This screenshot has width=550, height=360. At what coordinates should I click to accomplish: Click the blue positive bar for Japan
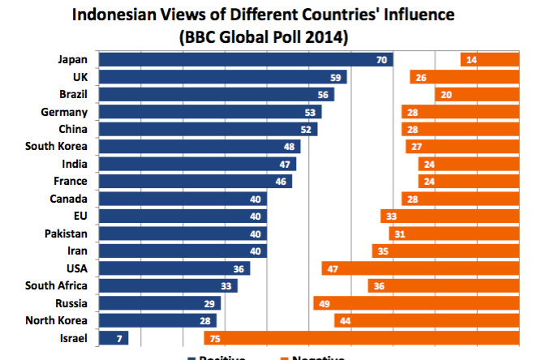pyautogui.click(x=243, y=60)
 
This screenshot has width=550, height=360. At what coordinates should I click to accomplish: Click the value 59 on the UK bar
pyautogui.click(x=334, y=77)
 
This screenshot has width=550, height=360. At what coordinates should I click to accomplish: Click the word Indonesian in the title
pyautogui.click(x=122, y=15)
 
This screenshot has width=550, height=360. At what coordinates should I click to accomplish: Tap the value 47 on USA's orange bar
pyautogui.click(x=332, y=268)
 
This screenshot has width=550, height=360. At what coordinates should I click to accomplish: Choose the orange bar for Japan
pyautogui.click(x=490, y=60)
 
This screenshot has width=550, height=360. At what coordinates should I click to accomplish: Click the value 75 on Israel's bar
pyautogui.click(x=216, y=337)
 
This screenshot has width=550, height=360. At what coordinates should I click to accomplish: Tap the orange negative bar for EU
pyautogui.click(x=449, y=216)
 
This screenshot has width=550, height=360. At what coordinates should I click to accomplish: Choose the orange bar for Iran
pyautogui.click(x=445, y=251)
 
